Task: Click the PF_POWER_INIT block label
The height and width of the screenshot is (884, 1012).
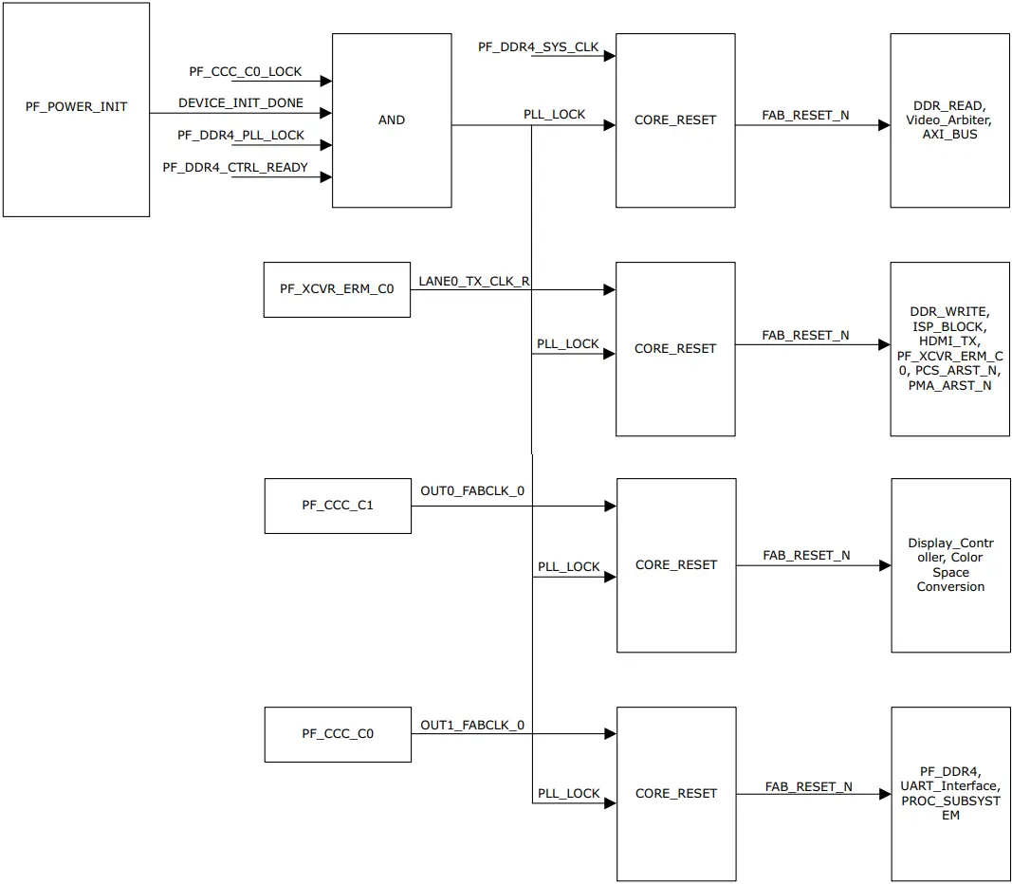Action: [76, 107]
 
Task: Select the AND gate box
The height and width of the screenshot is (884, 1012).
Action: [391, 120]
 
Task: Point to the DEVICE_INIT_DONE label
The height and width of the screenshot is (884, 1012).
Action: [241, 102]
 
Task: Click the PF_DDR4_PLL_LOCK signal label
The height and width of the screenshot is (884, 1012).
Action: [241, 136]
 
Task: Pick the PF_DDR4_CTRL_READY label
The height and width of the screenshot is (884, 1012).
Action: [234, 168]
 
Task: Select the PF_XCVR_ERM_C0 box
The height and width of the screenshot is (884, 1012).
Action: [337, 289]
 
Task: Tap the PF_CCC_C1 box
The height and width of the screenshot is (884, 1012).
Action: [338, 506]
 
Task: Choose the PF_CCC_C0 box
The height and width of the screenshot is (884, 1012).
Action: [338, 733]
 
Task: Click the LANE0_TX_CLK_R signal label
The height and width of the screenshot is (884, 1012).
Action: [473, 282]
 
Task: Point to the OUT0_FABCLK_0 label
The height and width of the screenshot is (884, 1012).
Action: [471, 491]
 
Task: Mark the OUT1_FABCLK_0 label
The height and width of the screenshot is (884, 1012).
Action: [471, 726]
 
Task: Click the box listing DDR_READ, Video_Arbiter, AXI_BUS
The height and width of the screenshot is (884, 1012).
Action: [949, 120]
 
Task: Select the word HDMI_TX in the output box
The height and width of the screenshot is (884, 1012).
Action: [949, 341]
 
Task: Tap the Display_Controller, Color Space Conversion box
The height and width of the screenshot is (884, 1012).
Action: [950, 565]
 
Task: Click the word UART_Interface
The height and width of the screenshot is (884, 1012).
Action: [949, 786]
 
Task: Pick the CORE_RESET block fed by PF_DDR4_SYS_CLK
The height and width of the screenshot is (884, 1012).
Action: [675, 120]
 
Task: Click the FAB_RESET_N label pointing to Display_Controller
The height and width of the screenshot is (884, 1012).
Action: [806, 555]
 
